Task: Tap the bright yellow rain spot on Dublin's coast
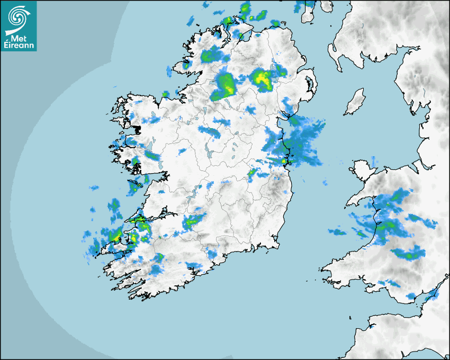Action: click(284, 160)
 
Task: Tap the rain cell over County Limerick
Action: click(193, 222)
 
